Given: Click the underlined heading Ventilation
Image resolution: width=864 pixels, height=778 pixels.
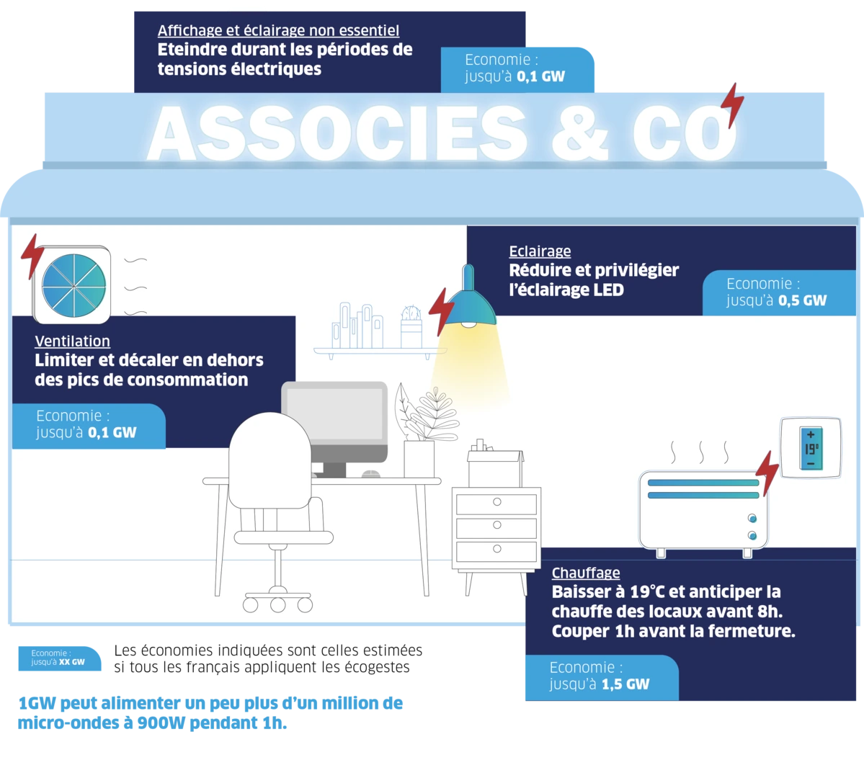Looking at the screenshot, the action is (72, 341).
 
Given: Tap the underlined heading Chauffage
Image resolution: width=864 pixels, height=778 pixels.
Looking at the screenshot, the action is (586, 573).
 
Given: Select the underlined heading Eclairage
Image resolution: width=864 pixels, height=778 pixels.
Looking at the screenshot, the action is (540, 251).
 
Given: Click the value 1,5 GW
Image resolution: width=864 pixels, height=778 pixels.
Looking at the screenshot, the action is (625, 684).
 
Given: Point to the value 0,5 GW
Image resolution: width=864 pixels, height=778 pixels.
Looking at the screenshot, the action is (802, 301).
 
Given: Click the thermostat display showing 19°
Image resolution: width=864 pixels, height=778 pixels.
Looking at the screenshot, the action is (811, 449).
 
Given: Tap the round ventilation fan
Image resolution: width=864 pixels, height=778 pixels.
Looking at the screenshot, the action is (74, 285).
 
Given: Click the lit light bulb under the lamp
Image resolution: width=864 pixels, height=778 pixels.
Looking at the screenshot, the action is (468, 324).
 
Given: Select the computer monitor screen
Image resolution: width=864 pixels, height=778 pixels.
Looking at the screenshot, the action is (335, 413).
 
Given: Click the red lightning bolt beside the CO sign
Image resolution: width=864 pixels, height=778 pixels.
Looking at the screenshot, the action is (733, 105).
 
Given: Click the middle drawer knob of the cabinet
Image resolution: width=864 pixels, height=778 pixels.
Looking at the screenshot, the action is (497, 525).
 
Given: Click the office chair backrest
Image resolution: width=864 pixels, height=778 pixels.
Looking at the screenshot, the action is (270, 460).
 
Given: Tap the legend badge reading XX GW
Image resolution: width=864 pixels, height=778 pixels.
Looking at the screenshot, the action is (60, 658).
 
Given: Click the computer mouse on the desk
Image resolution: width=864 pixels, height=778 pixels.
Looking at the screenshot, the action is (371, 474).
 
